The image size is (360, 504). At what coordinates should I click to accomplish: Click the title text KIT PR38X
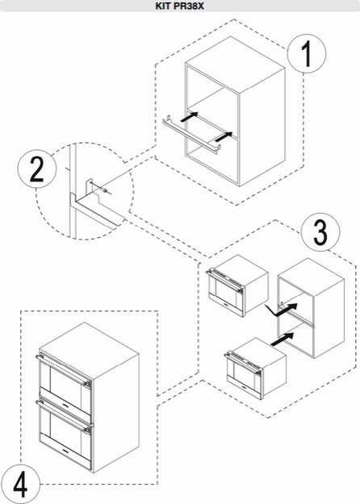pos(180,6)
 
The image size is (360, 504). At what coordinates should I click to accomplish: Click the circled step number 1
pos(307,54)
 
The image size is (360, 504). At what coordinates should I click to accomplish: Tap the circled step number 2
pos(36,169)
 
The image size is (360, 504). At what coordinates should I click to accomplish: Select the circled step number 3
pos(320,232)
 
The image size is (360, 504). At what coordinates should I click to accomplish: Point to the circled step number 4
pos(20,484)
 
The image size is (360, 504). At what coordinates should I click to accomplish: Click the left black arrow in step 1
pos(189,117)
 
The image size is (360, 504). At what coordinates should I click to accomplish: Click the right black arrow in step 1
pos(224,136)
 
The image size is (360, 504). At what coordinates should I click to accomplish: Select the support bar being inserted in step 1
pos(191,135)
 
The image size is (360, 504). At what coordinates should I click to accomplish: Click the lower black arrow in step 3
pos(283,339)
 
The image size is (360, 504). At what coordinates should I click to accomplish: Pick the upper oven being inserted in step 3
pos(237,285)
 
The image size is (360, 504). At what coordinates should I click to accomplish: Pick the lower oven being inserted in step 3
pos(255,368)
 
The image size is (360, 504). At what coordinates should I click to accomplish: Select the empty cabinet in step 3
pos(311,308)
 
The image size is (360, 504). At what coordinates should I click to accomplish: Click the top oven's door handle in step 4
pos(63,371)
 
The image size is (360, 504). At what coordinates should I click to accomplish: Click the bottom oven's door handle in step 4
pos(63,417)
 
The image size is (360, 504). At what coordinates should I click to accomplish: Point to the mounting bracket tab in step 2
pos(89,187)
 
